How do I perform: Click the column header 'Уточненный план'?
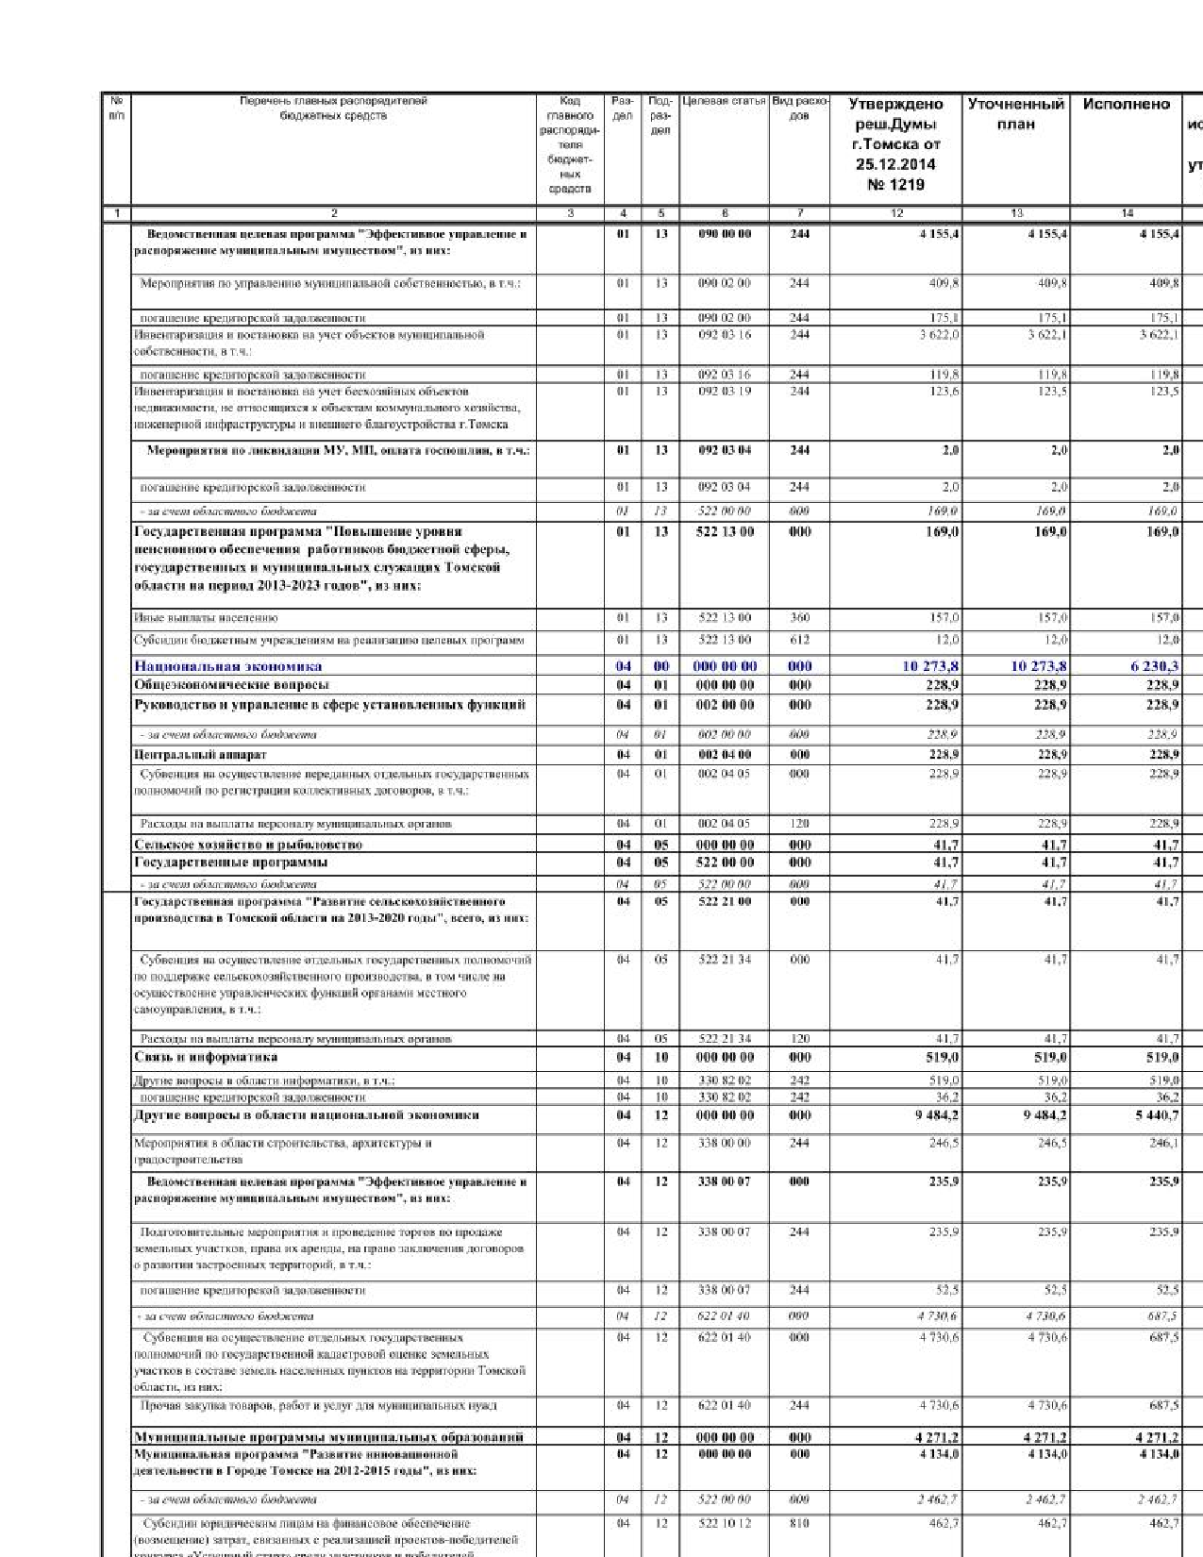(1015, 114)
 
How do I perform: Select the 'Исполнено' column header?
(1126, 105)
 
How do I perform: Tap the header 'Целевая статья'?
(724, 101)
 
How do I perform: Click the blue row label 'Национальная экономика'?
(227, 666)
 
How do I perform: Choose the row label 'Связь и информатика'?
(206, 1057)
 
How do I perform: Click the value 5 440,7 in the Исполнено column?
(1154, 1115)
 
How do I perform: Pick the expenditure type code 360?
(799, 618)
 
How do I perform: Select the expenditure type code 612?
(799, 640)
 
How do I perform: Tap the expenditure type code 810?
(799, 1523)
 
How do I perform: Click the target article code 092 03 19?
(725, 391)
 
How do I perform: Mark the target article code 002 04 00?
(725, 755)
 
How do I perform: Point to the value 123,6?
(944, 391)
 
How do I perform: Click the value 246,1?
(1163, 1143)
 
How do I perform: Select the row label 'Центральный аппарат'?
(200, 755)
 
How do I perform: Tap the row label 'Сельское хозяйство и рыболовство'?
(248, 845)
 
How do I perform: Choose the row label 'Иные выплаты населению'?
(206, 618)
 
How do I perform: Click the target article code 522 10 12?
(725, 1523)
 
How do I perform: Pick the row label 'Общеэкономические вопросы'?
(231, 685)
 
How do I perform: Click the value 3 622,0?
(940, 334)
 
